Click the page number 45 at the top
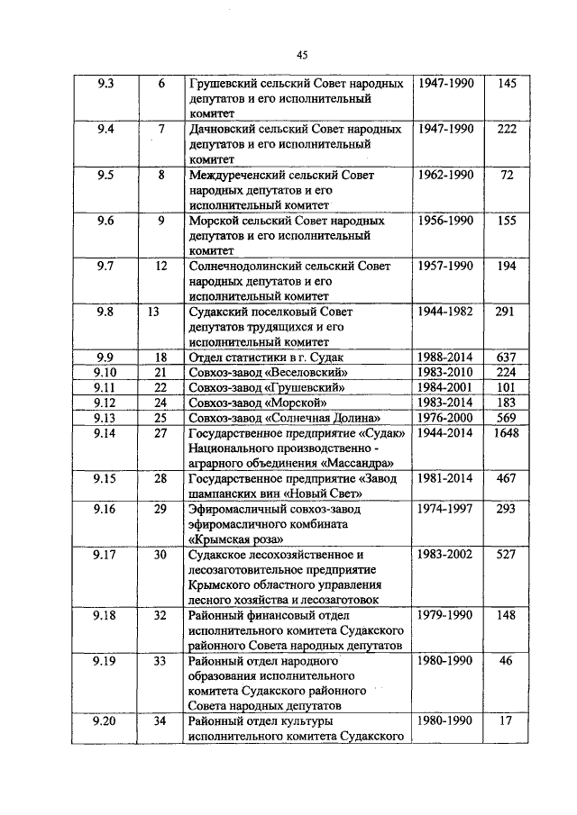click(301, 55)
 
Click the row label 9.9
click(105, 358)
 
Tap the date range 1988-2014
click(445, 358)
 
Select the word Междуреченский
click(240, 176)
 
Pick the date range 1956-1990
click(445, 221)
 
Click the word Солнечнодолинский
click(249, 267)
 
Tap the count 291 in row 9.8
click(507, 312)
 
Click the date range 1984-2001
click(445, 387)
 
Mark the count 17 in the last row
click(507, 720)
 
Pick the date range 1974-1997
click(445, 509)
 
